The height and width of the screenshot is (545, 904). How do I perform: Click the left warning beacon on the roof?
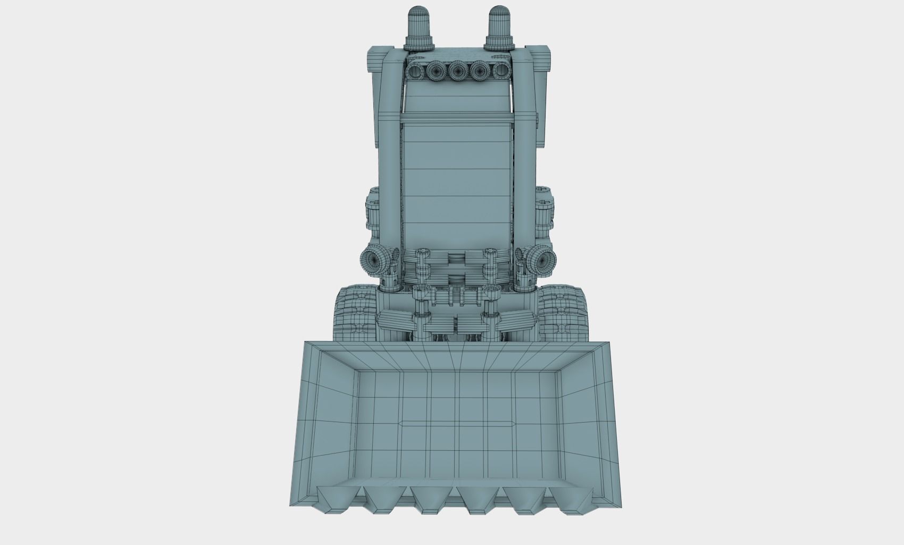[x=420, y=27]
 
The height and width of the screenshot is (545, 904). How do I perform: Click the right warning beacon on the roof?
[x=499, y=27]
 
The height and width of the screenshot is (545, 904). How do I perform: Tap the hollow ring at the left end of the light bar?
[x=414, y=70]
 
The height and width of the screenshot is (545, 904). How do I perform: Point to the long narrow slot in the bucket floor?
[x=457, y=424]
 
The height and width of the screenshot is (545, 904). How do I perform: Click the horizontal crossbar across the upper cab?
[x=458, y=117]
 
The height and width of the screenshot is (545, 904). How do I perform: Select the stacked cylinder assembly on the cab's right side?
[x=544, y=213]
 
